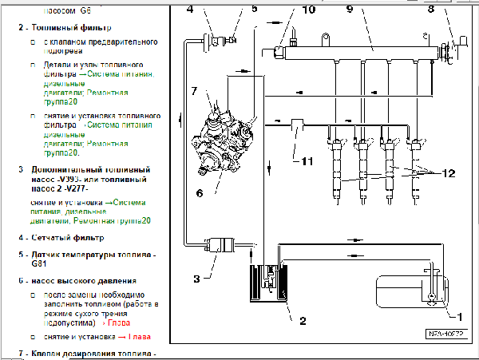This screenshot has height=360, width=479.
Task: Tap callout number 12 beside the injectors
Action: tap(447, 172)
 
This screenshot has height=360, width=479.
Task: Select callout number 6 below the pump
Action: tap(199, 192)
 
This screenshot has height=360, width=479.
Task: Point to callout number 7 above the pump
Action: tap(193, 92)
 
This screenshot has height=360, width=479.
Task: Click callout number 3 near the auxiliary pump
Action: tap(195, 279)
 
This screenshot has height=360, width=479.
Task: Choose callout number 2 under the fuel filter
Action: tap(302, 321)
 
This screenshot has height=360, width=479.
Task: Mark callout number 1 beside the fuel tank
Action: tap(457, 314)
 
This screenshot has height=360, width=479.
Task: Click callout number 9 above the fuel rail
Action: tap(349, 10)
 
